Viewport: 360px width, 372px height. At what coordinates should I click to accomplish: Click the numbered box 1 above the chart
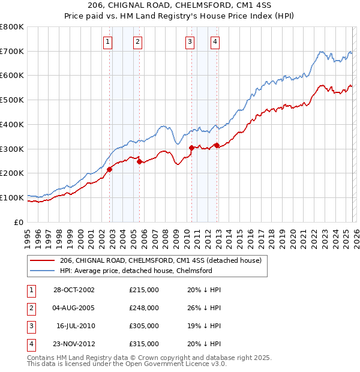107,41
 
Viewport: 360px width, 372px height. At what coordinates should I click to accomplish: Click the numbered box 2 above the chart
137,41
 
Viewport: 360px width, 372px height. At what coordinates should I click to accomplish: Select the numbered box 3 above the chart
190,41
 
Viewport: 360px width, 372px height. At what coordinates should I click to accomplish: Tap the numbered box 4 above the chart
215,41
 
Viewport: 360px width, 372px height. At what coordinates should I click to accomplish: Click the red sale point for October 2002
110,169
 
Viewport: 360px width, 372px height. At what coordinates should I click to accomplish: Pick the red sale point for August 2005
139,161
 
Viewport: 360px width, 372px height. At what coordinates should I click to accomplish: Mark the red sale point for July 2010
191,148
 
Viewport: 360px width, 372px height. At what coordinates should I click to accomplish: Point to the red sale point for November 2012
217,145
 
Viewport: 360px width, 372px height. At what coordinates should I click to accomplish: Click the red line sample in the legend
43,261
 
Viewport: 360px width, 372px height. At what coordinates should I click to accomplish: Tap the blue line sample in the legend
43,271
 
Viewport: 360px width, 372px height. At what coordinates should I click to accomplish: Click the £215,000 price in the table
144,290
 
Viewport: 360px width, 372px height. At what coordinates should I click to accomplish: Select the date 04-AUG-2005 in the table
73,308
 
